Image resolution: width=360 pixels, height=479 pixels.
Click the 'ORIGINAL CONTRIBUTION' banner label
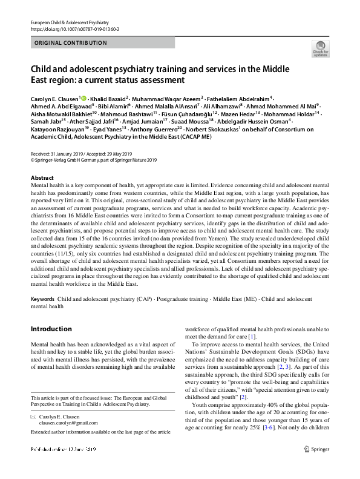click(x=71, y=43)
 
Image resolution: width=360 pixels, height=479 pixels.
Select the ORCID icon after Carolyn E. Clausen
click(x=83, y=98)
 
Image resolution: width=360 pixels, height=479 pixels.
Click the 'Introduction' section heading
click(x=51, y=329)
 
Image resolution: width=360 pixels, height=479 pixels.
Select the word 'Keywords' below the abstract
click(x=42, y=299)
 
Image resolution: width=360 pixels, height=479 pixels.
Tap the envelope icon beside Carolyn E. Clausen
click(x=33, y=417)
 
